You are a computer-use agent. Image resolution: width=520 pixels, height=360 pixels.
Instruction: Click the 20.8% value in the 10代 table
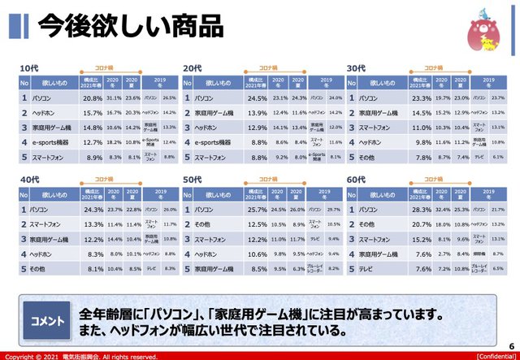click(x=91, y=98)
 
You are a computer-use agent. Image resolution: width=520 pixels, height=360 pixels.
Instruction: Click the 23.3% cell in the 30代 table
click(x=418, y=98)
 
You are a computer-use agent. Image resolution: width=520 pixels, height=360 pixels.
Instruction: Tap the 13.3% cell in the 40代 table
click(x=91, y=223)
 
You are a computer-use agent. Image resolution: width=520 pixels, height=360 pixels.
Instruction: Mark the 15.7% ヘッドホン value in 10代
click(x=91, y=112)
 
